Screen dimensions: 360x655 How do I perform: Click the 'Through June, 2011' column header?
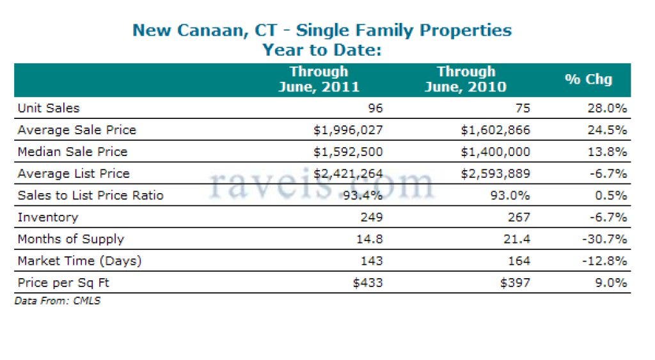(319, 79)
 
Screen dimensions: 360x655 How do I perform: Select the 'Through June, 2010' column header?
(466, 79)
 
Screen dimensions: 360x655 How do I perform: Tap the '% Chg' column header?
(588, 79)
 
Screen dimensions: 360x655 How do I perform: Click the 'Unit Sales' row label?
(49, 108)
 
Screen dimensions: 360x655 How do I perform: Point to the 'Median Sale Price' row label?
(72, 152)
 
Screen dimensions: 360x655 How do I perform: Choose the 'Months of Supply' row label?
(70, 239)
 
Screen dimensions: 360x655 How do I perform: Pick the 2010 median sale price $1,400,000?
(495, 152)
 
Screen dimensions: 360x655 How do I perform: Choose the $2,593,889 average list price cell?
(495, 173)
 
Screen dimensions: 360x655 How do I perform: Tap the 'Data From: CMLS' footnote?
(57, 301)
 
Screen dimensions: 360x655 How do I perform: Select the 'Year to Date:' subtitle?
(322, 50)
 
